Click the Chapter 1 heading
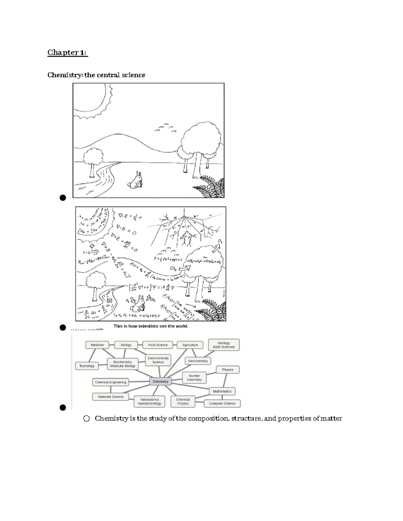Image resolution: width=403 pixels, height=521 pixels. [68, 53]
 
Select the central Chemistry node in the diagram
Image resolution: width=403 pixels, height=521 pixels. [161, 381]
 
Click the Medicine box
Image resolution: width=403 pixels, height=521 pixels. [97, 345]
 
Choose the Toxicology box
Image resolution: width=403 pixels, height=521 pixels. [87, 366]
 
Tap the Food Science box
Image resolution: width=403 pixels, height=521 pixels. [158, 345]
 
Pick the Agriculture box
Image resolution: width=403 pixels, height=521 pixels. [190, 345]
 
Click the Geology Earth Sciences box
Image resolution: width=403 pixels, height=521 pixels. [224, 345]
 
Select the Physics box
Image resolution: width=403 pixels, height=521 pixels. [228, 370]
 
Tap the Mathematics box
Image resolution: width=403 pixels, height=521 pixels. [222, 391]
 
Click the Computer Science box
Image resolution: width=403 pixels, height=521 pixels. [222, 404]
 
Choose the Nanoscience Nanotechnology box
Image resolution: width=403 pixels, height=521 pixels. [149, 402]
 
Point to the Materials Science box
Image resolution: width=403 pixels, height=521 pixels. [110, 397]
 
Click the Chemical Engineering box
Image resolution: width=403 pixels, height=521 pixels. [110, 382]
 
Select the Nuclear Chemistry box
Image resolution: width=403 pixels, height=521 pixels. [194, 378]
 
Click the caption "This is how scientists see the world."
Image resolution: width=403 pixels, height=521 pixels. [151, 326]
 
